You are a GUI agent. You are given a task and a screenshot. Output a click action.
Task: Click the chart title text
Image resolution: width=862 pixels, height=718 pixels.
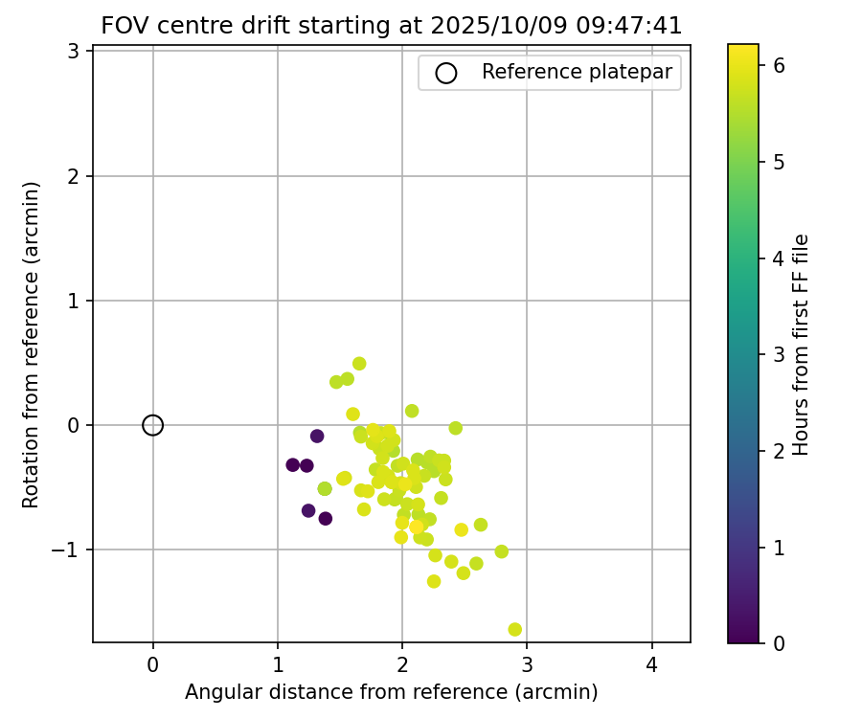392,26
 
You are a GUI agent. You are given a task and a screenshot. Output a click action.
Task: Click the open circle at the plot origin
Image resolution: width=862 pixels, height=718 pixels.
153,425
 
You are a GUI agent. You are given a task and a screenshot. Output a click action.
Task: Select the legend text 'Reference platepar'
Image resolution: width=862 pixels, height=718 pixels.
577,72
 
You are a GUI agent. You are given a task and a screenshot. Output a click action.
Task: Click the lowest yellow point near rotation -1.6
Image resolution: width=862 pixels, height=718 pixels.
515,629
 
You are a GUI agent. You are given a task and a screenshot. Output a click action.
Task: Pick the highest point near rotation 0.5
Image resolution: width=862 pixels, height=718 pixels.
359,364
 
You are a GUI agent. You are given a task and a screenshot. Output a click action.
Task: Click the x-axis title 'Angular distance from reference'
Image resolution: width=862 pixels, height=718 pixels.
392,692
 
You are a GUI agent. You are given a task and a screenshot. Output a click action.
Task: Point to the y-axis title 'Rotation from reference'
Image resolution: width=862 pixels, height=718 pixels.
32,345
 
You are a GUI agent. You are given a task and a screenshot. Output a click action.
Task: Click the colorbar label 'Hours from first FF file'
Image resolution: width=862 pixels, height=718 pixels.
802,345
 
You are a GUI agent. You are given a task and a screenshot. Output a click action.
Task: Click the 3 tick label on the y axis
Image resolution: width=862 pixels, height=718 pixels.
73,52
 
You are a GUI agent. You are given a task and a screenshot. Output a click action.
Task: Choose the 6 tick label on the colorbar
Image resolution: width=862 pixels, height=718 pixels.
780,65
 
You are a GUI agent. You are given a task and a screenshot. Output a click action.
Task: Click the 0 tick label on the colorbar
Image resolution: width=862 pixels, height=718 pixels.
780,642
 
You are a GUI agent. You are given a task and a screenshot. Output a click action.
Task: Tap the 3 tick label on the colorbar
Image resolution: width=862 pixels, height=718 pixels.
780,354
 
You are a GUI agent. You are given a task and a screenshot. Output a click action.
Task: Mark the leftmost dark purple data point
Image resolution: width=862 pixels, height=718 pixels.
293,464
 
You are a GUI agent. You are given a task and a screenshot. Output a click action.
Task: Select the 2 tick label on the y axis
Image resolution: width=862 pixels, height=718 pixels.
73,176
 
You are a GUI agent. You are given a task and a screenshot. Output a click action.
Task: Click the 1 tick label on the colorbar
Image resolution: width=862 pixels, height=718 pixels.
780,547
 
